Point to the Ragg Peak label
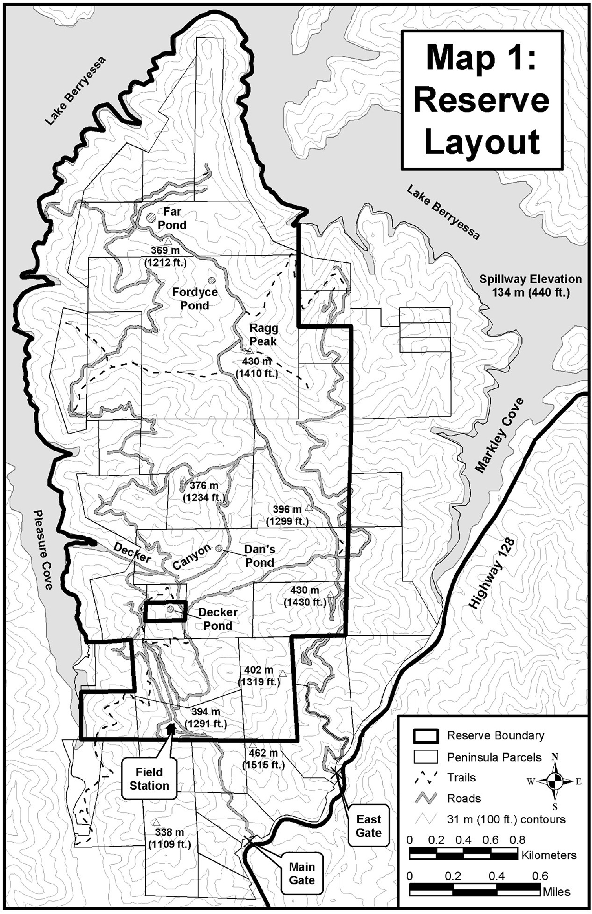pos(263,335)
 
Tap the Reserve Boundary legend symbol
pos(425,735)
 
